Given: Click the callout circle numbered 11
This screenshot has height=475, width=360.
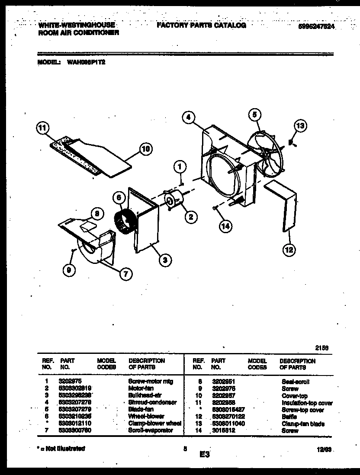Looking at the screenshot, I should point(42,128).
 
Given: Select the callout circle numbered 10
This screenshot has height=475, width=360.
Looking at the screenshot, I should point(146,150).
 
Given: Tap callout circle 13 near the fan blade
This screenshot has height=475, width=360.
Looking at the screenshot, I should point(300,126).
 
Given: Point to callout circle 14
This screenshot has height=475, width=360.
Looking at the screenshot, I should point(225,225).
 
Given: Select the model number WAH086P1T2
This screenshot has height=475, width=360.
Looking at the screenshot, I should point(86,62).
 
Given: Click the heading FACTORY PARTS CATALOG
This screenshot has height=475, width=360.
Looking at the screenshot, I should point(201,26).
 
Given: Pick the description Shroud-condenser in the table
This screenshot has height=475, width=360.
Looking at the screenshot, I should point(152,402).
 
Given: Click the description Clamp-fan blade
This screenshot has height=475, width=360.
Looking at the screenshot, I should point(302,424).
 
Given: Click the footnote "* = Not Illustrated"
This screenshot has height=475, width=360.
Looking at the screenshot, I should point(61,449).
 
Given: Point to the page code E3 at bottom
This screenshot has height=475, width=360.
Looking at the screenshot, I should point(205,455).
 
